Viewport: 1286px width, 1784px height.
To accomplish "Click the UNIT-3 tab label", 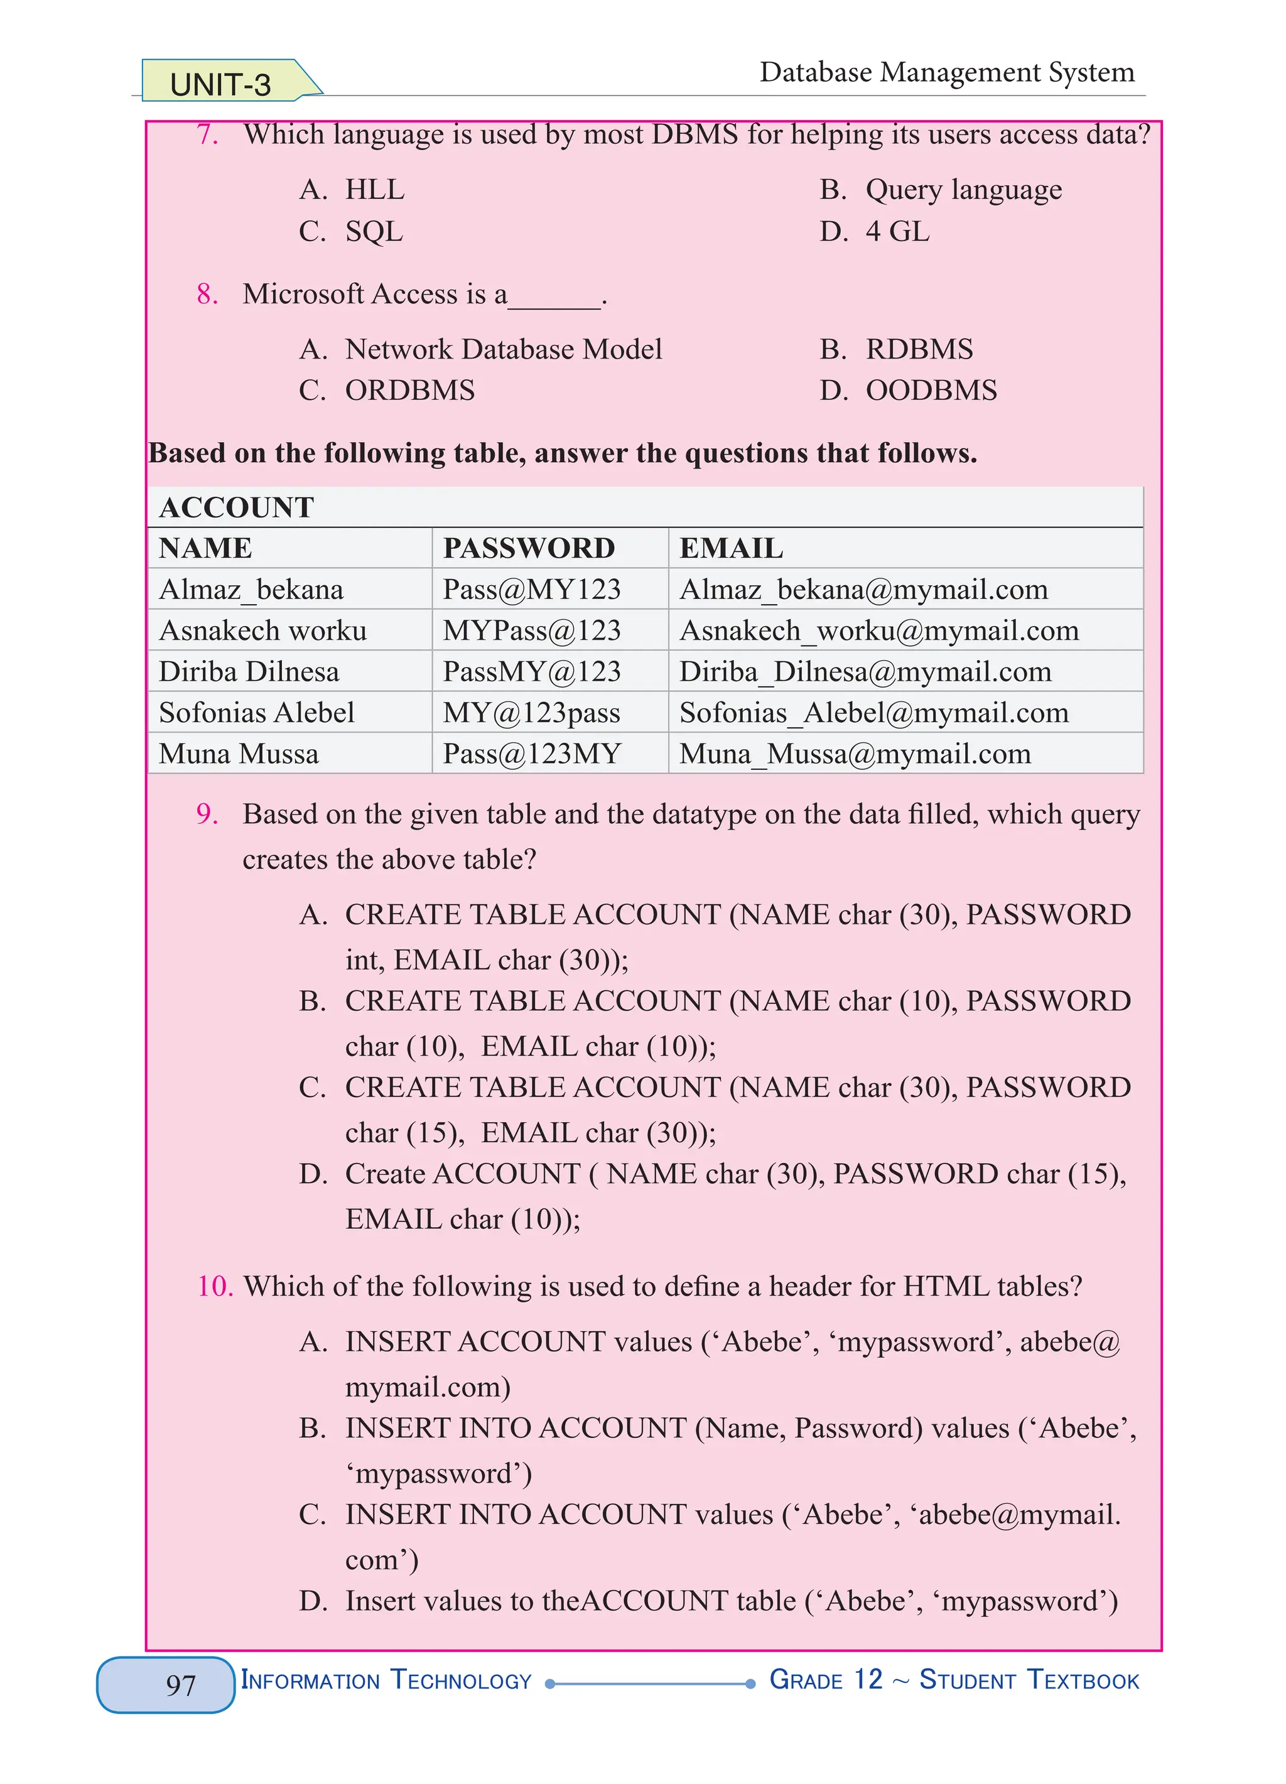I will (x=220, y=84).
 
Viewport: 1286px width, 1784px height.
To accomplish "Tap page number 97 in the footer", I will (x=180, y=1684).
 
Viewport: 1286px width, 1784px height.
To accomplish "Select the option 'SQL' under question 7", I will (x=374, y=231).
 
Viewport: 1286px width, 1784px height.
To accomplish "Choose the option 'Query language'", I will (x=963, y=190).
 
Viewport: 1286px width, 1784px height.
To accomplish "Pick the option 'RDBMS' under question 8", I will (x=919, y=349).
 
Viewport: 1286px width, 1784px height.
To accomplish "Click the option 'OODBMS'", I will (x=931, y=390).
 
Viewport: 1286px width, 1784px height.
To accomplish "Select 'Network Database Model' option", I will (x=504, y=349).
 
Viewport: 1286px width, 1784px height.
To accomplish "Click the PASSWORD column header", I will (x=529, y=548).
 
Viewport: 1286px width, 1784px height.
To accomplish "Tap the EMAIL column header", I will (x=731, y=548).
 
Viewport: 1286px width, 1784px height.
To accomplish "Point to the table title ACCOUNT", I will (x=237, y=507).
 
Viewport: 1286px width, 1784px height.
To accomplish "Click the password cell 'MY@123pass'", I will (x=531, y=713).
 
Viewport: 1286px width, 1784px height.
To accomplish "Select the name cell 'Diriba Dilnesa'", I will (x=249, y=672).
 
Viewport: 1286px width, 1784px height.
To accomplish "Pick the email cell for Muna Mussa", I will (x=855, y=754).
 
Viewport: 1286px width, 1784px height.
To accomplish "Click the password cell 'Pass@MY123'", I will (x=532, y=589).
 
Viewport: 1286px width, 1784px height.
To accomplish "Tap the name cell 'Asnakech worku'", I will (x=262, y=631).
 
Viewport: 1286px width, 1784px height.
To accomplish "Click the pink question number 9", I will (x=207, y=814).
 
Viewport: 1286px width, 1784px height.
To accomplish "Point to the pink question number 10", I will (x=214, y=1286).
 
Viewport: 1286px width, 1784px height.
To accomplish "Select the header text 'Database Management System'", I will (x=946, y=72).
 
